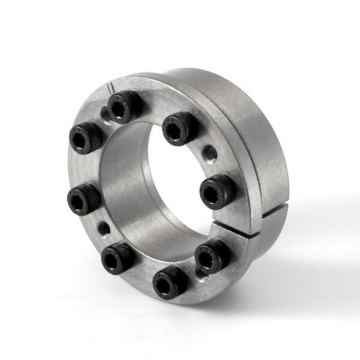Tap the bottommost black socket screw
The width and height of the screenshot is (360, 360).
(170, 281)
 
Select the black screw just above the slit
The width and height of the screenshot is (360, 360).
(217, 190)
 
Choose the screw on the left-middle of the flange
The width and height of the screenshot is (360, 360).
(83, 198)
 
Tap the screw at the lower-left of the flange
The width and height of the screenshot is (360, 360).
(117, 256)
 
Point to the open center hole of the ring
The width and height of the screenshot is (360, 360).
(174, 180)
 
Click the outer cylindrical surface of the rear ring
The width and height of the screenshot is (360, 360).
(264, 150)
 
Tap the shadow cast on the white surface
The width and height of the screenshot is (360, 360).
(300, 252)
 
